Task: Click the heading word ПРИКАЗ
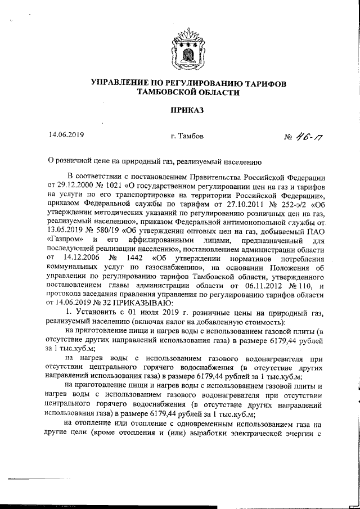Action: point(180,110)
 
